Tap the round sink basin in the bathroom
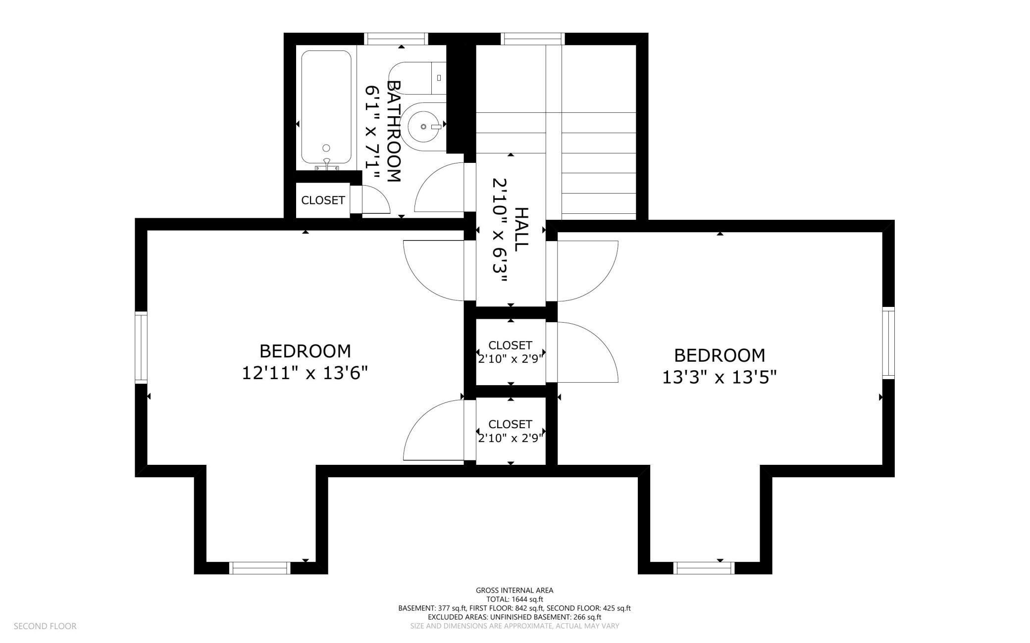pyautogui.click(x=424, y=127)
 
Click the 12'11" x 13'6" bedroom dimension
pyautogui.click(x=305, y=373)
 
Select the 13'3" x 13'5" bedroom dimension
pyautogui.click(x=719, y=377)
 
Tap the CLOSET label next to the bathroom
pyautogui.click(x=323, y=200)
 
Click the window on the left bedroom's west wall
pyautogui.click(x=141, y=347)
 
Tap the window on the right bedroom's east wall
pyautogui.click(x=888, y=343)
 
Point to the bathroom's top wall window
pyautogui.click(x=396, y=39)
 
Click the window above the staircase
pyautogui.click(x=533, y=39)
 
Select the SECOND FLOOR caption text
pyautogui.click(x=45, y=626)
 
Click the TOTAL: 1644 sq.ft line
pyautogui.click(x=515, y=599)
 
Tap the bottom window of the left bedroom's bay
pyautogui.click(x=260, y=568)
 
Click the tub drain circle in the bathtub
pyautogui.click(x=326, y=148)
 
